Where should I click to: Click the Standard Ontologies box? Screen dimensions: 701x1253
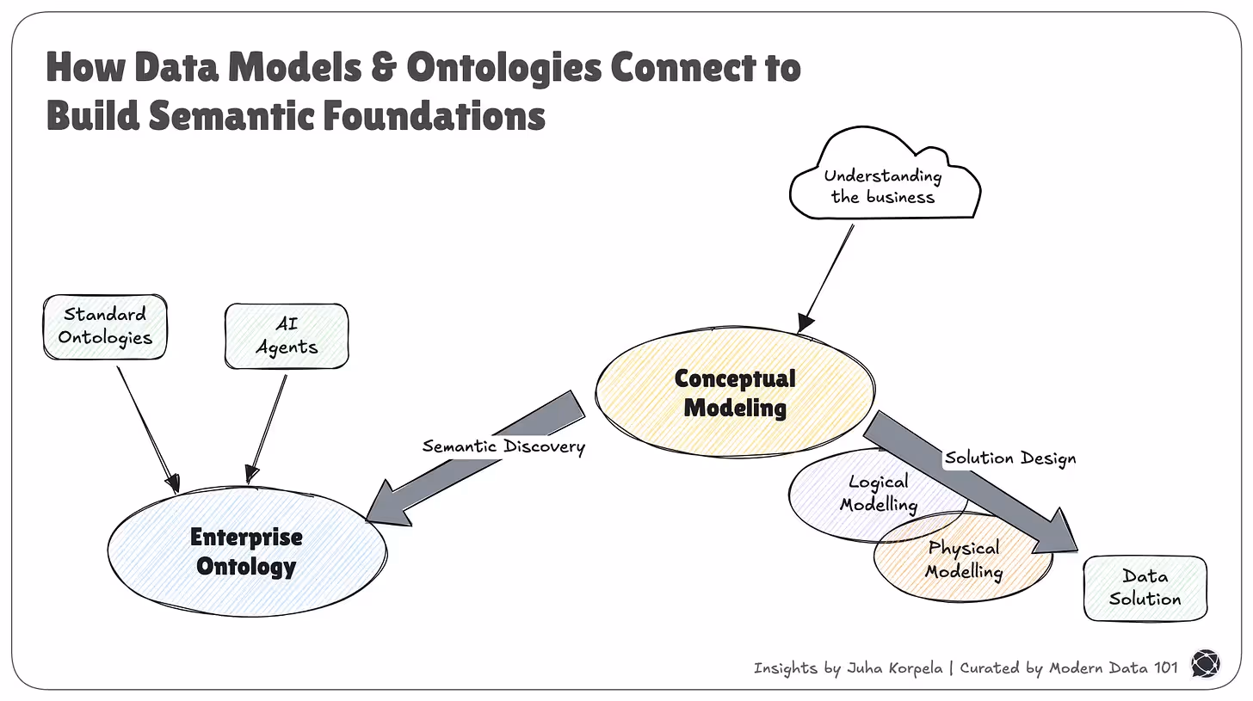pyautogui.click(x=104, y=326)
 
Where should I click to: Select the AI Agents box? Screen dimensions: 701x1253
pyautogui.click(x=286, y=335)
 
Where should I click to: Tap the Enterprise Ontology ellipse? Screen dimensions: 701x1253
pyautogui.click(x=246, y=551)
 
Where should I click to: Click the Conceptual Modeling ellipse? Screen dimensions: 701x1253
pyautogui.click(x=734, y=392)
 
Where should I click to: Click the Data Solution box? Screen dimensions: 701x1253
pyautogui.click(x=1145, y=587)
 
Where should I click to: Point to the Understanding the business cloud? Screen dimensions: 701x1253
pyautogui.click(x=883, y=185)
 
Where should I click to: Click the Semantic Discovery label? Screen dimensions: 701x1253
pyautogui.click(x=503, y=446)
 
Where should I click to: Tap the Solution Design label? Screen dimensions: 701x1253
pyautogui.click(x=1010, y=458)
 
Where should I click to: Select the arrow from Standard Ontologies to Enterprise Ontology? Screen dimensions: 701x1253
pyautogui.click(x=146, y=427)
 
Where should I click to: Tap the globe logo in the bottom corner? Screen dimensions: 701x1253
pyautogui.click(x=1205, y=665)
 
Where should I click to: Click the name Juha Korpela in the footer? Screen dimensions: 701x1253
pyautogui.click(x=894, y=668)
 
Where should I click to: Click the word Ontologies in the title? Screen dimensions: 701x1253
pyautogui.click(x=504, y=67)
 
